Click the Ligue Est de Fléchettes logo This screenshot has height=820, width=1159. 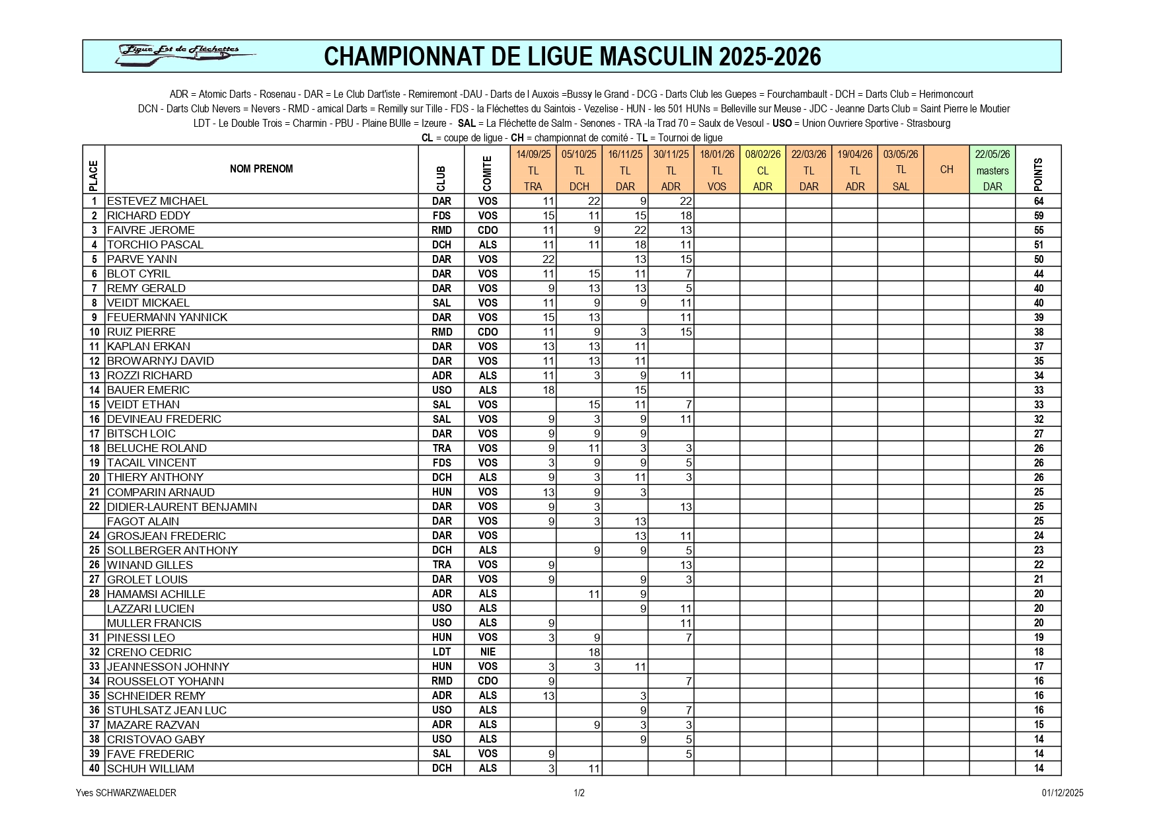(x=184, y=56)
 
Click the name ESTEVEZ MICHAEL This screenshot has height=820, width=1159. (x=157, y=201)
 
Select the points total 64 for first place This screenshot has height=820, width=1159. (x=1038, y=201)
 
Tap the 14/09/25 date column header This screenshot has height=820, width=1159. (x=533, y=155)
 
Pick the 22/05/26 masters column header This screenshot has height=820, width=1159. (x=992, y=170)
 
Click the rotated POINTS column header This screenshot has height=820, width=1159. (x=1038, y=173)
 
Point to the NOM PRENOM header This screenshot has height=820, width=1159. (x=261, y=168)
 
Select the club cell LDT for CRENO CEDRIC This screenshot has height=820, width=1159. (x=441, y=652)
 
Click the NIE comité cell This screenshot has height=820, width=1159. (x=488, y=652)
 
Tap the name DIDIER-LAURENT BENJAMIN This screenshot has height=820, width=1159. (x=182, y=507)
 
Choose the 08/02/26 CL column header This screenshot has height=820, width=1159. (x=763, y=170)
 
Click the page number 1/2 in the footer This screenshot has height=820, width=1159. (x=579, y=793)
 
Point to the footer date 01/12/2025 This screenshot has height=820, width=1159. (x=1063, y=793)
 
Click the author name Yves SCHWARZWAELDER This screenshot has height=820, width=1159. (x=126, y=793)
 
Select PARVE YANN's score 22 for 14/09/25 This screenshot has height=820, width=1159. (x=548, y=259)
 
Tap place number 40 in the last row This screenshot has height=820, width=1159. (x=94, y=768)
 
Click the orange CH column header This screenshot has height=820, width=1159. (x=946, y=170)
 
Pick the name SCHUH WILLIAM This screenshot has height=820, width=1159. (x=151, y=768)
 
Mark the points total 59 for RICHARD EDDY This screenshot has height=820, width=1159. (x=1038, y=215)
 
